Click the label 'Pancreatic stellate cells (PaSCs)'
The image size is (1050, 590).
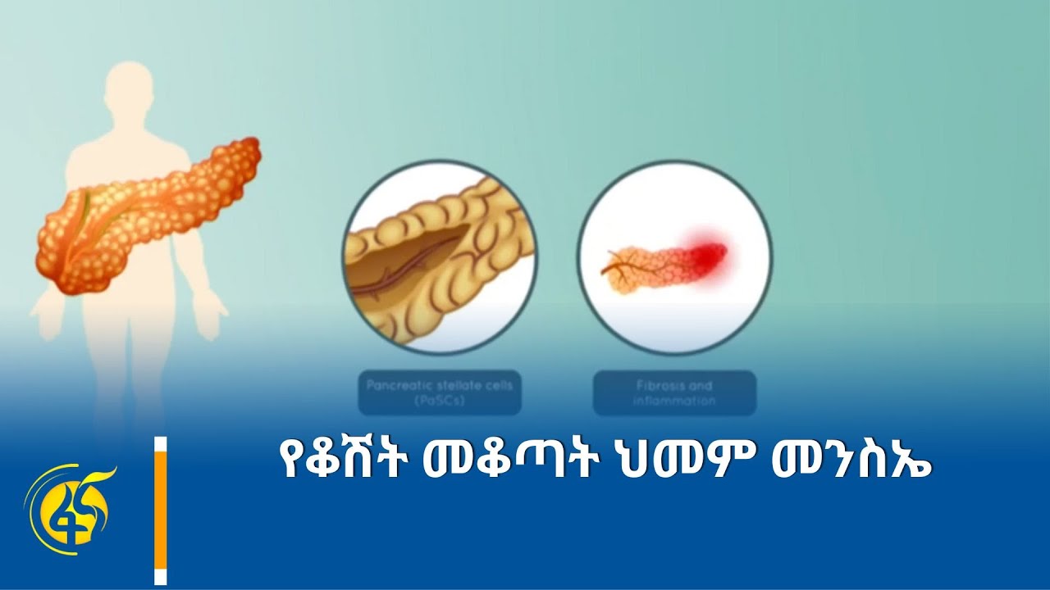(x=440, y=393)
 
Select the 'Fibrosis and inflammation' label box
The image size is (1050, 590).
(x=674, y=393)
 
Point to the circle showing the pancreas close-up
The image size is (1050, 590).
(x=440, y=257)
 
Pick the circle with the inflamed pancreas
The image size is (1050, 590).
(x=674, y=257)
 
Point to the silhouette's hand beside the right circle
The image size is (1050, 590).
(x=212, y=315)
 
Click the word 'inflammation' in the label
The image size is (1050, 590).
(x=674, y=402)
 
